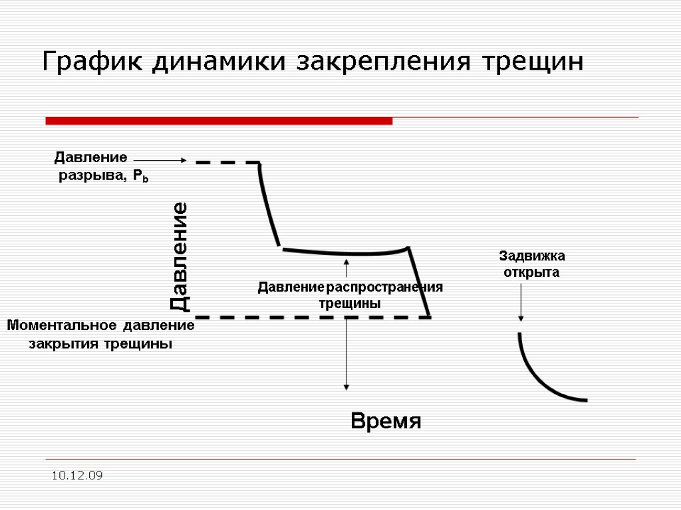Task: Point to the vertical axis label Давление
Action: point(180,257)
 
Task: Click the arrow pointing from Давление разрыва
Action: point(160,160)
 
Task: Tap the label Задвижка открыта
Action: point(531,264)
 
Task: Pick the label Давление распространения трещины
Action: point(350,295)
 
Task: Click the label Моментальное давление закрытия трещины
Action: point(100,335)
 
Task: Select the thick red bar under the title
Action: point(219,121)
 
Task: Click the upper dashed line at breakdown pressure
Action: point(227,162)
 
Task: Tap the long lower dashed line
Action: point(313,317)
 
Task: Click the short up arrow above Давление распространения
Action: point(346,268)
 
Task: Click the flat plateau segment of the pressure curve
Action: point(346,253)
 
